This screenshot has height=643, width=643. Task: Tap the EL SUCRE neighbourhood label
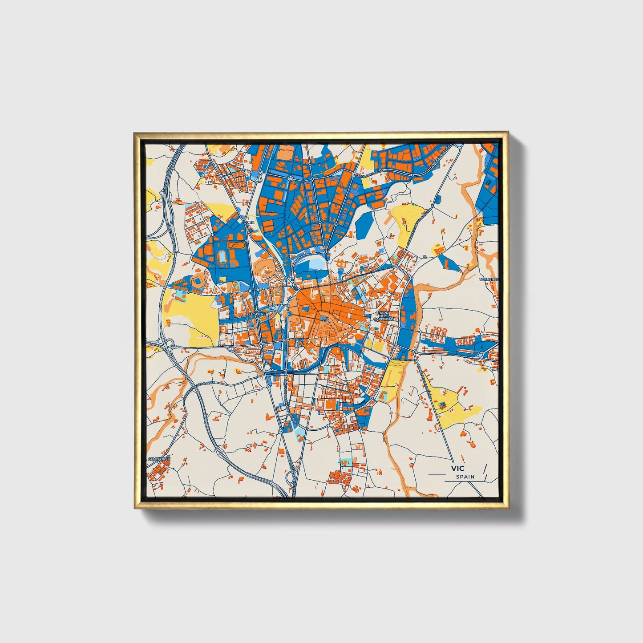(257, 314)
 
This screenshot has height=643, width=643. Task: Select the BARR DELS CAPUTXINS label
(384, 316)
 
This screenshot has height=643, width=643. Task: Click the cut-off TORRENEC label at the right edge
(489, 279)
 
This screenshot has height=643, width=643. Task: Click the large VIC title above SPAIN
(457, 468)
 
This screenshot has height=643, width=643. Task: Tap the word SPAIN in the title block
(465, 477)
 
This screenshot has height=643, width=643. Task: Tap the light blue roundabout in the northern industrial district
(290, 178)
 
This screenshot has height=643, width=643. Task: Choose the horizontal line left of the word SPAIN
(436, 474)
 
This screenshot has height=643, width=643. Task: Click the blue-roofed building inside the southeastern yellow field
(442, 404)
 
